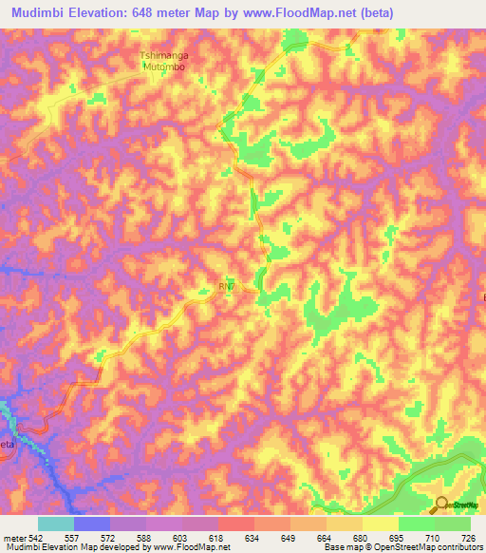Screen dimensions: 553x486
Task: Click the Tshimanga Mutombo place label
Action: (163, 62)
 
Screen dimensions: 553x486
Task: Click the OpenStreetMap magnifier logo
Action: (443, 505)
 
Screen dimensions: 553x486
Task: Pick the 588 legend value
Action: (145, 537)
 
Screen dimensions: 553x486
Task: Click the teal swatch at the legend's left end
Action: (55, 524)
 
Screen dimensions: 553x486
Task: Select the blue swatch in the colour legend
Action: (91, 524)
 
